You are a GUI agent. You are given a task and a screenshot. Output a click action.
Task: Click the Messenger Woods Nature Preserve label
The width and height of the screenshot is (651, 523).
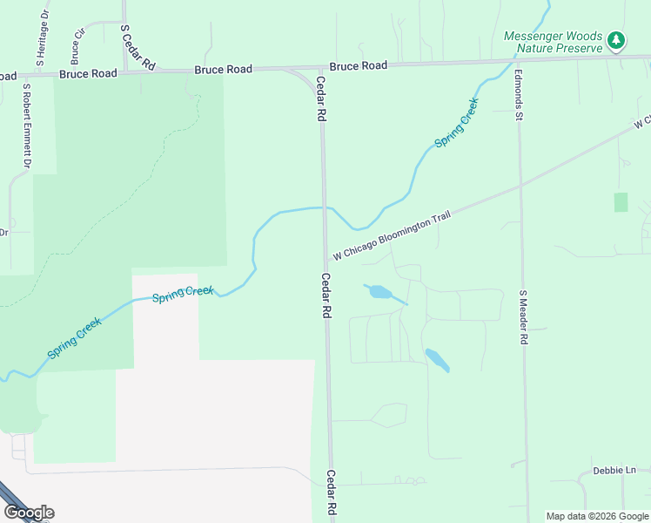coord(553,41)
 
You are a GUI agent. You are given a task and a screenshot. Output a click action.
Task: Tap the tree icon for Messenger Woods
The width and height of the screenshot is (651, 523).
coord(616,39)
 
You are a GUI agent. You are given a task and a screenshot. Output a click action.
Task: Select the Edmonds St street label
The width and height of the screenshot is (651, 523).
coord(518,95)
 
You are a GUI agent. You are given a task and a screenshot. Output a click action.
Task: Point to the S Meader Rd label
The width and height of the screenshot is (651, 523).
coord(524,319)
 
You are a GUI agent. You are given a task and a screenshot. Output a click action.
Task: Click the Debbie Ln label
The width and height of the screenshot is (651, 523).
coord(614,470)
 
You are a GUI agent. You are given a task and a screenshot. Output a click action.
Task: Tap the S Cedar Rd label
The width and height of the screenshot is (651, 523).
coord(137,47)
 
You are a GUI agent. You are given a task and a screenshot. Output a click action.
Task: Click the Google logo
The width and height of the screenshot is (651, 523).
coord(28,513)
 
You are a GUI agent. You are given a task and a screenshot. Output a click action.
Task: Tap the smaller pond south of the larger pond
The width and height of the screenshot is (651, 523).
coord(436,359)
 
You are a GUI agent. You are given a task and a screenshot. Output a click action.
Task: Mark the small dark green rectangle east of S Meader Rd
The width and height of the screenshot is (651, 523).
coord(621,202)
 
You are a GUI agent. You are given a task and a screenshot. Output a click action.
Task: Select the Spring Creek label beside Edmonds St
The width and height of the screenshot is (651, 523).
coord(456,122)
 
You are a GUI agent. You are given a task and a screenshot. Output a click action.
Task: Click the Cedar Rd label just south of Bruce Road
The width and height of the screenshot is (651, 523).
coord(320,98)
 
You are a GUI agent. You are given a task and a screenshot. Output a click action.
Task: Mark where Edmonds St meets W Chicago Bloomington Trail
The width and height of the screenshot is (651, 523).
coord(520,185)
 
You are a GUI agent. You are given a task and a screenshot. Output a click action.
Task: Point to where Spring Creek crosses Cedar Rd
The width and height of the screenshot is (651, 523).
coord(325,208)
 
